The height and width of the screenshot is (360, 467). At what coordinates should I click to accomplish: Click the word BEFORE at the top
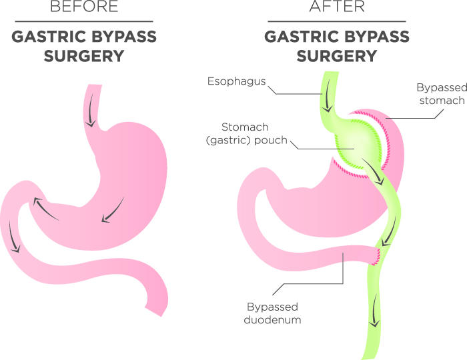(84, 6)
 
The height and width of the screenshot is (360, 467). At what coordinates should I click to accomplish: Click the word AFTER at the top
(337, 6)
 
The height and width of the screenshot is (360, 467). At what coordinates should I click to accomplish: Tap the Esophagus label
(236, 81)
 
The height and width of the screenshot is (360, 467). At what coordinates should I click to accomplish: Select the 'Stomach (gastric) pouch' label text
(246, 133)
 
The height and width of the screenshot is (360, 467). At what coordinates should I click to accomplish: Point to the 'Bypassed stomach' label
(442, 94)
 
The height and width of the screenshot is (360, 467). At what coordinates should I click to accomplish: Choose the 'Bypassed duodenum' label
(272, 313)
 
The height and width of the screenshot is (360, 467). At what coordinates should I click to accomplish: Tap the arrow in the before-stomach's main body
(113, 210)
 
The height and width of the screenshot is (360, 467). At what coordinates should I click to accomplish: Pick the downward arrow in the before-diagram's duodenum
(13, 237)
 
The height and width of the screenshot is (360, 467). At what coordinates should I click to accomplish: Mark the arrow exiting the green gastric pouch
(372, 171)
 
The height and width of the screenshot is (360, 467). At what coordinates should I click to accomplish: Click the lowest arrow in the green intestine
(375, 310)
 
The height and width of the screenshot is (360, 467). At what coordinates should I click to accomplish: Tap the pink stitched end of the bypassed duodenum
(376, 256)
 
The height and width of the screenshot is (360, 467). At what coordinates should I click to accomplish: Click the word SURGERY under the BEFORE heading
(84, 56)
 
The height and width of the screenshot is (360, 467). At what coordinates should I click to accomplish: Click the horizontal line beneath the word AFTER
(337, 21)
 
